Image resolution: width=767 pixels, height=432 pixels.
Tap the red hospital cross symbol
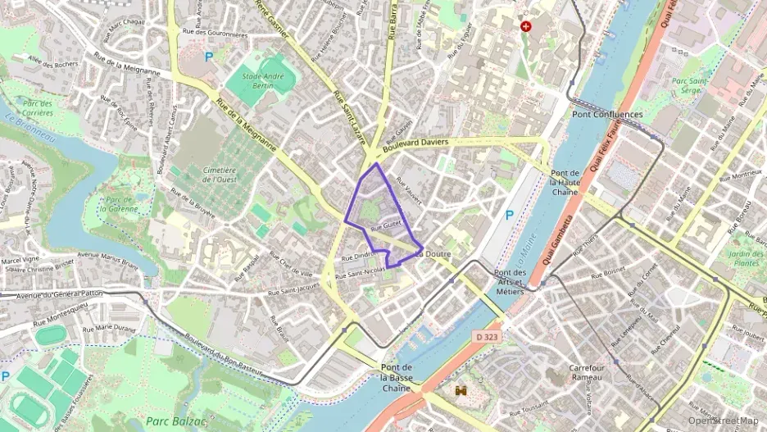click(x=526, y=26)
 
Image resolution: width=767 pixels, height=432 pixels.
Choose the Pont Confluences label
click(x=607, y=115)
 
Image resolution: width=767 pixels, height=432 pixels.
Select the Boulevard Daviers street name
click(x=415, y=144)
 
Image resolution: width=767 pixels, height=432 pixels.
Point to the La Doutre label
click(x=433, y=255)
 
